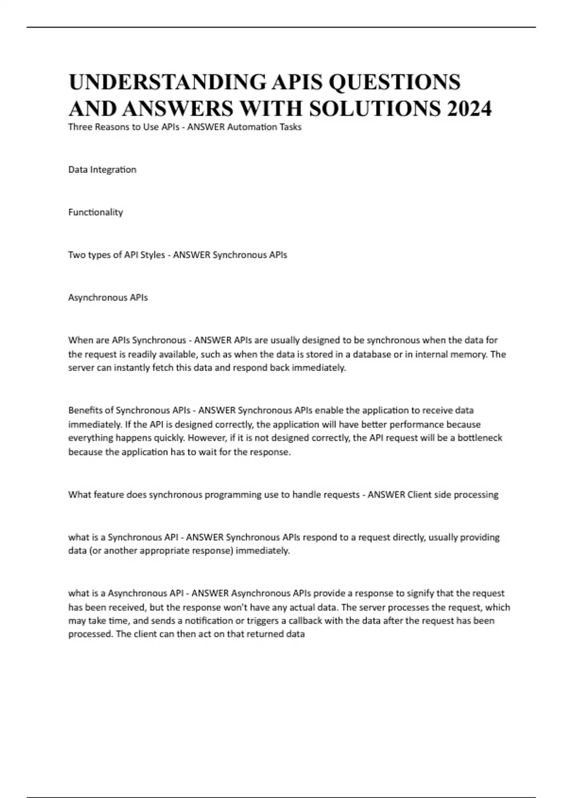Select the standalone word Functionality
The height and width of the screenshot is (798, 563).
[x=96, y=212]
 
